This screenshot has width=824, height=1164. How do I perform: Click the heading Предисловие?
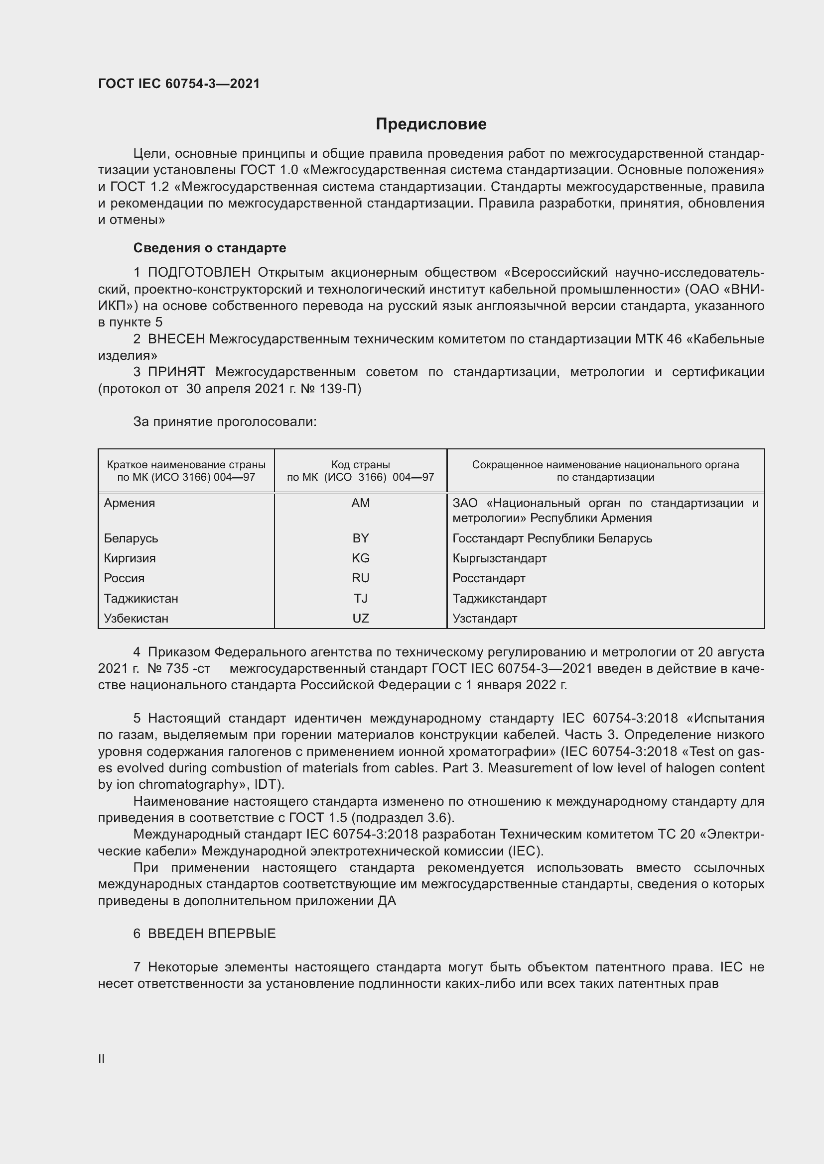[x=431, y=124]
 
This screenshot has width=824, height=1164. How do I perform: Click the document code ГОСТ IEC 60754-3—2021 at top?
[x=179, y=84]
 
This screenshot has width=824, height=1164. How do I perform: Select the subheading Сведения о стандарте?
[x=210, y=248]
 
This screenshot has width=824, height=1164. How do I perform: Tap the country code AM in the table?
[x=360, y=503]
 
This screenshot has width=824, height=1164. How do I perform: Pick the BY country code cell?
[x=360, y=538]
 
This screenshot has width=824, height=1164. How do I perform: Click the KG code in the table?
[x=360, y=558]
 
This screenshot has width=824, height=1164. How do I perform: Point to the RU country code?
[x=360, y=578]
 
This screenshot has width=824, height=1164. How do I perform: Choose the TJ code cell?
[x=360, y=598]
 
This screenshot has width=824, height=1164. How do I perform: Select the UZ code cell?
[x=360, y=618]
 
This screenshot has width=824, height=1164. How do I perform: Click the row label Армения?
[x=130, y=503]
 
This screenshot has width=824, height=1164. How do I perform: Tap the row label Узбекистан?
[x=136, y=618]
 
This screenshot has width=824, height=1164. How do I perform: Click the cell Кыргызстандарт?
[x=499, y=558]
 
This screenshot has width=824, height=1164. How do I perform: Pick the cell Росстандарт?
[x=489, y=578]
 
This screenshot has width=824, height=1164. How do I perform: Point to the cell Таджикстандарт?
[x=499, y=598]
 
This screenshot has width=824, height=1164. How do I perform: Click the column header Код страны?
[x=360, y=464]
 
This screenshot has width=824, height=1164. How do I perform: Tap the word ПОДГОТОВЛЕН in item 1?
[x=199, y=273]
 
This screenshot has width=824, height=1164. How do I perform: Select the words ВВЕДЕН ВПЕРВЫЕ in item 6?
[x=212, y=933]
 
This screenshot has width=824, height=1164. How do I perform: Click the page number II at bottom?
[x=102, y=1058]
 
